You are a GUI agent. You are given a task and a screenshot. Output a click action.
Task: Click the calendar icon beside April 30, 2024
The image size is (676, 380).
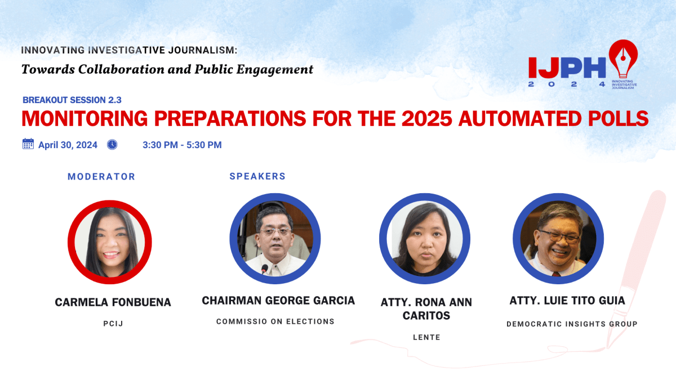coord(28,144)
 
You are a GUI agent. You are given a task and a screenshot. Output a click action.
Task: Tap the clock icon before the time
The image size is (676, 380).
coord(112,145)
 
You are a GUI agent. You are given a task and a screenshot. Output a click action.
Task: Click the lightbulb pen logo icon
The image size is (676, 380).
coord(622,59)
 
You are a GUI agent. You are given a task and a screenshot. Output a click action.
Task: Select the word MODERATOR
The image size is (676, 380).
coord(101,176)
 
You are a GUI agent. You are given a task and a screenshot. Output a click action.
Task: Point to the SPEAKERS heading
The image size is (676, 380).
coord(257,176)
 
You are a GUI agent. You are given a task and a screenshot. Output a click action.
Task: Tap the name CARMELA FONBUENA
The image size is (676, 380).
coord(113,302)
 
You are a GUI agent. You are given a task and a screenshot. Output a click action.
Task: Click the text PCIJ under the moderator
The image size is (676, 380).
coord(113,324)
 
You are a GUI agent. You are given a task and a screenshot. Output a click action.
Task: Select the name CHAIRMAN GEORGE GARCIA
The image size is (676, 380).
coord(278,301)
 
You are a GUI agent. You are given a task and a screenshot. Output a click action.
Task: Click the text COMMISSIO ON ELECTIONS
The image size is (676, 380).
coord(275,321)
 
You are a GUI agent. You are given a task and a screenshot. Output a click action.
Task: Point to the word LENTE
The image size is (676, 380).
coord(426,337)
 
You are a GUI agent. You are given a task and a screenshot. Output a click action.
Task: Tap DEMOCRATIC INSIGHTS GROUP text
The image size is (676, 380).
coord(572,324)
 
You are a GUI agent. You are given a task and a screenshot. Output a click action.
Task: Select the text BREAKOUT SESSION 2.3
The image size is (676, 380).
coord(72,100)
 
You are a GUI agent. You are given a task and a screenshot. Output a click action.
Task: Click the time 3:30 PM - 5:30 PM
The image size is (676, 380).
coord(182,145)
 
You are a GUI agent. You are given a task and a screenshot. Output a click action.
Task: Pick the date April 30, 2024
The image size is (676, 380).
coord(68,145)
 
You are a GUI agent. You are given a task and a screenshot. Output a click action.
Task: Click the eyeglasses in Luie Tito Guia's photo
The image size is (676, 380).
coord(558,236)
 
